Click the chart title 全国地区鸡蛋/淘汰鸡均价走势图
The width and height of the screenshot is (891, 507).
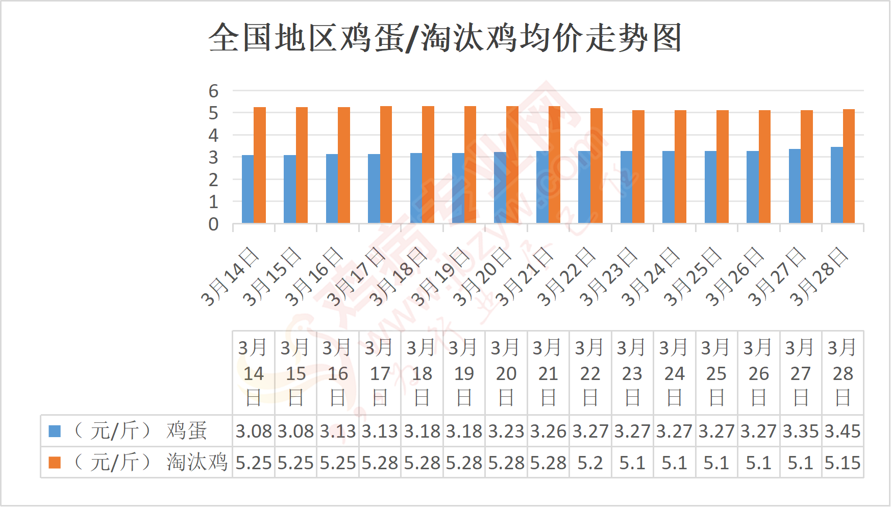point(445,38)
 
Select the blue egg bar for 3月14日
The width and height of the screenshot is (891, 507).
point(247,189)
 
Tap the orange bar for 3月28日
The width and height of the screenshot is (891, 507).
point(849,166)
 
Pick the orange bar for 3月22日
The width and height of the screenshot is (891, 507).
point(597,166)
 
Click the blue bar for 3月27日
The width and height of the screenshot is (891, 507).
point(795,186)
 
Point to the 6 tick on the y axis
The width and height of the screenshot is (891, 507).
point(213,91)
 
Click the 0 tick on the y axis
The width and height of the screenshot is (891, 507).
point(213,224)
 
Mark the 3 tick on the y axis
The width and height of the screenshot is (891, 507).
point(213,158)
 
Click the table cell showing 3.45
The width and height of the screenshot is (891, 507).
point(843,432)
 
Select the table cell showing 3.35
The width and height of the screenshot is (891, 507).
point(801,432)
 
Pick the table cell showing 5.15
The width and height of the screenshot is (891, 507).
point(843,463)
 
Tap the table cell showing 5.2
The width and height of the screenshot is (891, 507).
point(590,463)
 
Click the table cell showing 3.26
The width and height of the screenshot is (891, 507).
point(548,432)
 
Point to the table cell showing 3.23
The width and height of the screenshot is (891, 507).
point(506,432)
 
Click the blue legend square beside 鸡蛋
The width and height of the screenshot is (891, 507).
point(55,432)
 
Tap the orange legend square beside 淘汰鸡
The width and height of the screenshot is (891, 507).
point(55,463)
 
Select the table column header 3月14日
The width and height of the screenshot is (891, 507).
point(254,373)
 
